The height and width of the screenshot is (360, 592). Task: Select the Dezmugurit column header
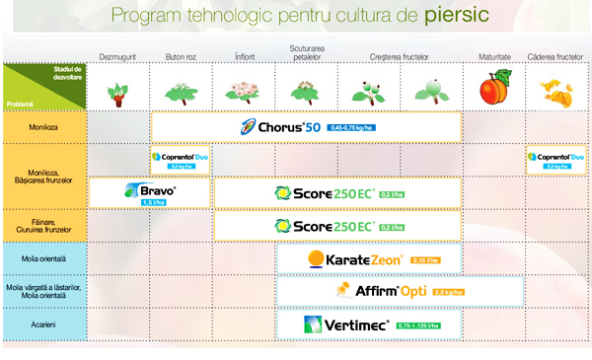pyautogui.click(x=118, y=57)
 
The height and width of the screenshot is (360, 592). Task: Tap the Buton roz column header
pyautogui.click(x=181, y=57)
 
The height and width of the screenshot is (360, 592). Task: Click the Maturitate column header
pyautogui.click(x=494, y=57)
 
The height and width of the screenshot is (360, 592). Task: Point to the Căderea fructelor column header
pyautogui.click(x=555, y=57)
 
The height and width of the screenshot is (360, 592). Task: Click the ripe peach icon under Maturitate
pyautogui.click(x=493, y=91)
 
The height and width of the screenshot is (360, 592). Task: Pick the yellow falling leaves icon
pyautogui.click(x=555, y=92)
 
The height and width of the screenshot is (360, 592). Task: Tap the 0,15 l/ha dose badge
pyautogui.click(x=426, y=260)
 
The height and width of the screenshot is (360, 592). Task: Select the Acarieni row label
pyautogui.click(x=44, y=323)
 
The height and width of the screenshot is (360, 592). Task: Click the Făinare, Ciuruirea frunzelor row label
pyautogui.click(x=44, y=226)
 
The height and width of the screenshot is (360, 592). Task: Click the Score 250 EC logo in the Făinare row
pyautogui.click(x=325, y=226)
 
